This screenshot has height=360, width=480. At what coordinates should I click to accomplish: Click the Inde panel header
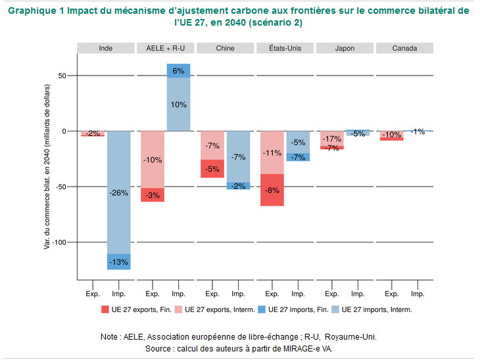[x=105, y=48]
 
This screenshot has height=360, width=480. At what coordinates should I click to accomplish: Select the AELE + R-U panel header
[x=165, y=48]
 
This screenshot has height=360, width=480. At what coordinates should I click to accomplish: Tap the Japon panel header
[x=345, y=48]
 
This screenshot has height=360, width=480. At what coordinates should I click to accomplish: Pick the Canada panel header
[x=404, y=48]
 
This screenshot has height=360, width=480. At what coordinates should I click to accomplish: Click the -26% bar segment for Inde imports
[x=119, y=192]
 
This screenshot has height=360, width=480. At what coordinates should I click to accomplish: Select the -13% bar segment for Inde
[x=119, y=262]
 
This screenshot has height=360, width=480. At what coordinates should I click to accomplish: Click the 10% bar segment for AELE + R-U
[x=178, y=104]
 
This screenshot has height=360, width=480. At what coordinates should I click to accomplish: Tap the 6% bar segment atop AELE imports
[x=178, y=70]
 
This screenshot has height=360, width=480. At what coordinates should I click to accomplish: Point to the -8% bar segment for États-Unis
[x=272, y=190]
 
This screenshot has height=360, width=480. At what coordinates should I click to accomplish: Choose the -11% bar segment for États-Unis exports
[x=272, y=152]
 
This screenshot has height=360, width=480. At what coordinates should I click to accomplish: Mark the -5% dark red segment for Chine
[x=212, y=169]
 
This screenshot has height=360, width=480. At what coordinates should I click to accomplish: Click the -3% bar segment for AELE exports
[x=153, y=195]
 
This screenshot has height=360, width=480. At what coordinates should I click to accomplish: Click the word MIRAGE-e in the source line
[x=299, y=348]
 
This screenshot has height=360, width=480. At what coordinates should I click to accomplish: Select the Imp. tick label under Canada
[x=417, y=294]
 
